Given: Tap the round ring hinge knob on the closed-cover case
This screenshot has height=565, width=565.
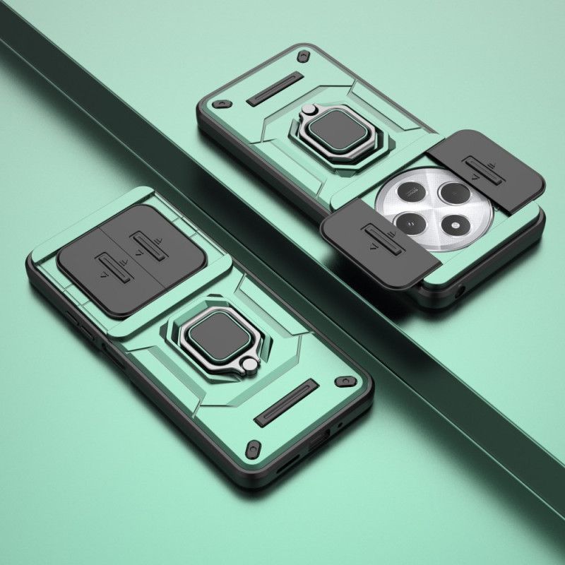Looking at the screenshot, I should click(249, 364).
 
